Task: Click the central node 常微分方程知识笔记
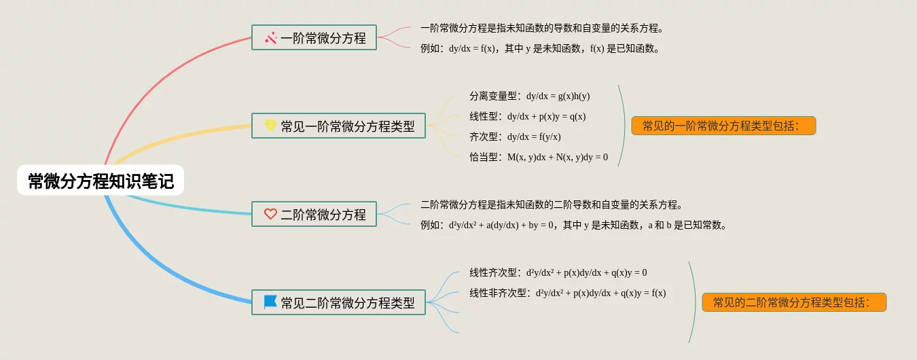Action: (101, 181)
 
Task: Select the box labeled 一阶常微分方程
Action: (314, 38)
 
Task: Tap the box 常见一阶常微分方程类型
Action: (338, 126)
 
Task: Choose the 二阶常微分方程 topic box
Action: (314, 214)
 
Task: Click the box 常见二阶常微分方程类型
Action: (338, 302)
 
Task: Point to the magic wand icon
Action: (270, 38)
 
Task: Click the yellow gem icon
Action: (270, 126)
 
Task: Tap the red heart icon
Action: (270, 214)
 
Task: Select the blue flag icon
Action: (270, 302)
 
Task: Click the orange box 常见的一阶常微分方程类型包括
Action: (723, 126)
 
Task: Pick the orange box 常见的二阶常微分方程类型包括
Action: (794, 302)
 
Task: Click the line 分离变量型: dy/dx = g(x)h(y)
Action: (529, 96)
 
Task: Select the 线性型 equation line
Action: (527, 116)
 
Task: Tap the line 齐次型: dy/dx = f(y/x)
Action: (515, 137)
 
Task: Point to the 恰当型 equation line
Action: (538, 157)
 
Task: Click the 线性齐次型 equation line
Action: (558, 272)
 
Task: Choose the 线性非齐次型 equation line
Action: (567, 293)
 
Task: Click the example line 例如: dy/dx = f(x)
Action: (540, 48)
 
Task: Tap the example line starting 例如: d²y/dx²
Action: (574, 225)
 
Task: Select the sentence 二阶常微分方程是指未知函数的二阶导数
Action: (551, 204)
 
